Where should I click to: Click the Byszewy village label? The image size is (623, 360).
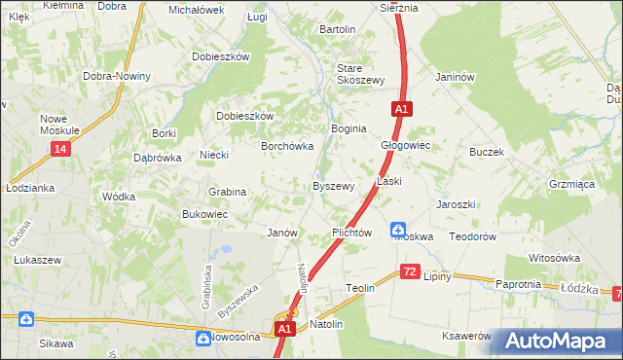(332, 186)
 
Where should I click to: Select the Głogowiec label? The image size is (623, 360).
(405, 145)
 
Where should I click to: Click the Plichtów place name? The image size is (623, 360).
(351, 234)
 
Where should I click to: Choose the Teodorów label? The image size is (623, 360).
(473, 236)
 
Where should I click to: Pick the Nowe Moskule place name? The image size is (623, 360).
(59, 125)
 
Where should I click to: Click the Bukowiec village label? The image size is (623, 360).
(204, 214)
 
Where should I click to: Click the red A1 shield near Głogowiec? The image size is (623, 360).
(401, 110)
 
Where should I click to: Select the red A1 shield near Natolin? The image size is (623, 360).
(283, 330)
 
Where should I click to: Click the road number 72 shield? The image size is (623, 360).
(410, 271)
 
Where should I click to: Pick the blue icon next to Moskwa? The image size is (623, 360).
(399, 231)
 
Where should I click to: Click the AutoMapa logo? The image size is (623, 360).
(558, 341)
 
